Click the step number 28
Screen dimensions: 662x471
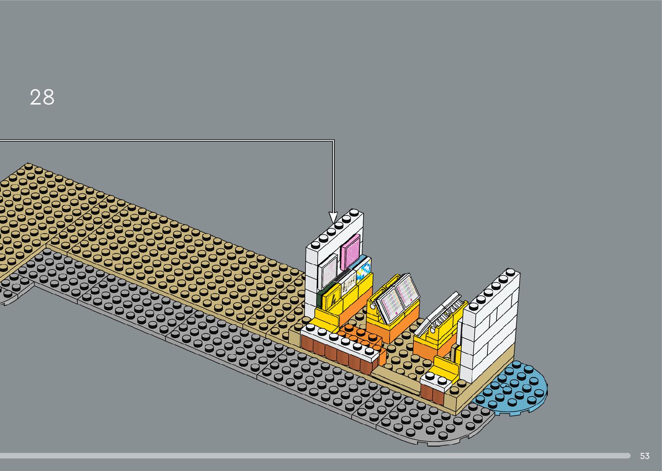pos(42,97)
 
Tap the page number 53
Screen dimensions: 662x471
pos(644,456)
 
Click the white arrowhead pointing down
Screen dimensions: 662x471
pos(333,217)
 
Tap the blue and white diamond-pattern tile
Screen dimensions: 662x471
pos(364,269)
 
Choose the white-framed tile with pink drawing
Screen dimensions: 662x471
pos(328,269)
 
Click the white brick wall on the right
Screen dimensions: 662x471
pos(491,329)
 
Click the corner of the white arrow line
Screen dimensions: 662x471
pos(333,140)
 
